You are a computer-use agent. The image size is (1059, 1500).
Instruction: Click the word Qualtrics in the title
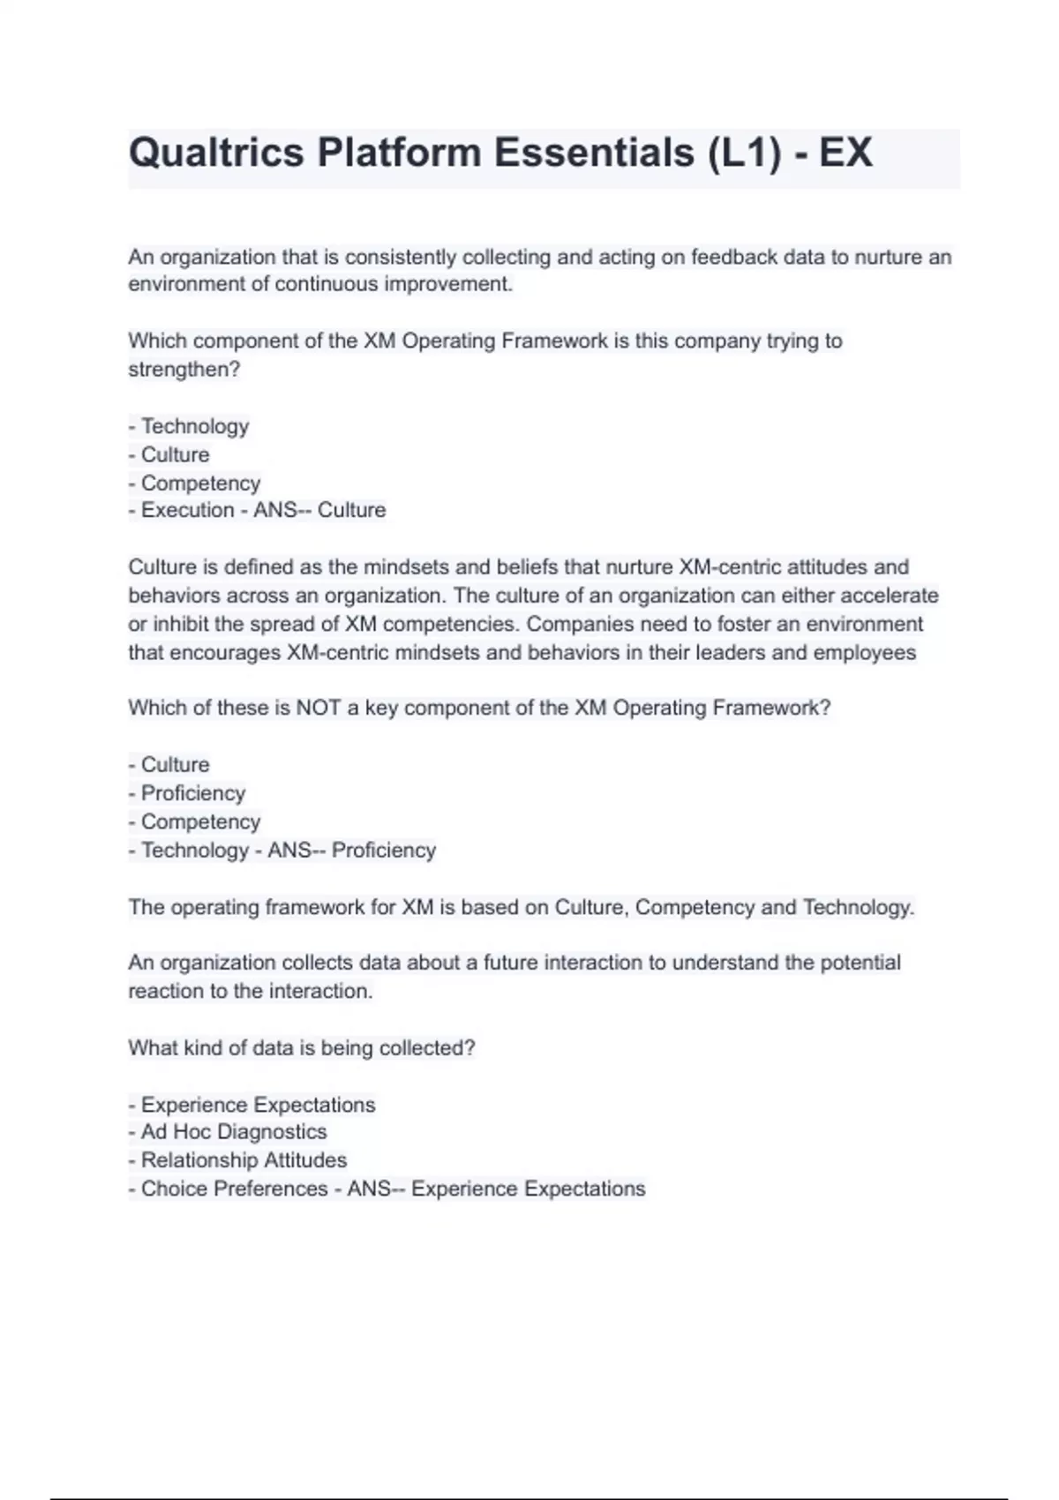(216, 153)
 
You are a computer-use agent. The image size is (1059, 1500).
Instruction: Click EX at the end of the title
(845, 153)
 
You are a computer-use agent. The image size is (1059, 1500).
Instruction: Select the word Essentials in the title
(594, 153)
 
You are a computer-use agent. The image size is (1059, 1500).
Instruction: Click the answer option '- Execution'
(181, 510)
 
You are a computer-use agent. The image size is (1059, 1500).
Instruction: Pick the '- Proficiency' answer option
(187, 793)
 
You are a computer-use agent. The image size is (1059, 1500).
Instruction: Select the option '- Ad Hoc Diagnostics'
(228, 1132)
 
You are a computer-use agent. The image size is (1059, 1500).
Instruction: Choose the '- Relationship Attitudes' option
(237, 1160)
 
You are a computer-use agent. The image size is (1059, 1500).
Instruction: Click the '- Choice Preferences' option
(228, 1189)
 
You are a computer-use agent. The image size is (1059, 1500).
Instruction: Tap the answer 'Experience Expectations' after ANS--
(528, 1189)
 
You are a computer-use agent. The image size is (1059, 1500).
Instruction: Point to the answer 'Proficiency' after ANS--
(384, 851)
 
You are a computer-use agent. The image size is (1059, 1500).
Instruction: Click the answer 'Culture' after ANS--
(351, 510)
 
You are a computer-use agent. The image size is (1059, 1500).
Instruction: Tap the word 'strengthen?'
(184, 370)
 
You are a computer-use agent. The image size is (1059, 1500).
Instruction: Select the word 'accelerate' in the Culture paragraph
(889, 596)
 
